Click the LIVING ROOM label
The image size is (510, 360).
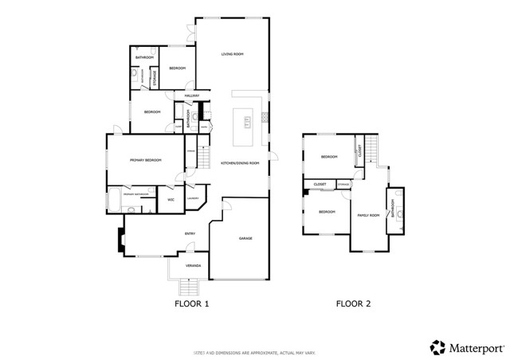click(232, 54)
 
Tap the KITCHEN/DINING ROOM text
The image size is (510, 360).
click(240, 162)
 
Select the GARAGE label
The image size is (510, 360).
click(245, 238)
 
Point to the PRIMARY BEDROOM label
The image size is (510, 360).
click(146, 160)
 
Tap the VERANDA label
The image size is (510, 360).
click(193, 265)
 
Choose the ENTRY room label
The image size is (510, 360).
click(190, 233)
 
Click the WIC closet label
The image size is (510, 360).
click(171, 199)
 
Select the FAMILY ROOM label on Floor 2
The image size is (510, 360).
click(367, 215)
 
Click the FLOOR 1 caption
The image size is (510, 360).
click(191, 303)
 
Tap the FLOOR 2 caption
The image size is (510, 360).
click(353, 303)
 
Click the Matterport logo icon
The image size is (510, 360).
click(437, 347)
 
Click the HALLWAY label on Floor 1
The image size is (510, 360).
click(191, 96)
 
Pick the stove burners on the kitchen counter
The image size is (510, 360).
click(264, 118)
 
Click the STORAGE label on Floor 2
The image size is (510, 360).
click(343, 185)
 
